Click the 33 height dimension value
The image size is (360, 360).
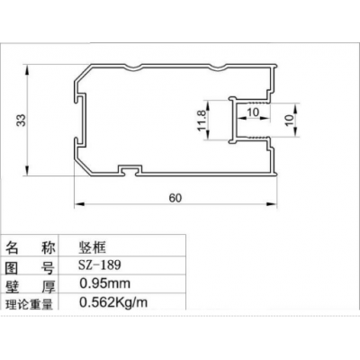[22, 120]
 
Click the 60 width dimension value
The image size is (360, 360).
[175, 198]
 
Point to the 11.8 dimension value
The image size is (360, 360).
[202, 121]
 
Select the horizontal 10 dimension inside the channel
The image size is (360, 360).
[252, 112]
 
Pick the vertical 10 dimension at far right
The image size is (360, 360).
[289, 120]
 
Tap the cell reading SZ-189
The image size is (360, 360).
[100, 265]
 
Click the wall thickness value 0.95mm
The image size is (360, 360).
[104, 283]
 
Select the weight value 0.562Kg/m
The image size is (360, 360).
[113, 302]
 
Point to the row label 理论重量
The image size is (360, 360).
[29, 303]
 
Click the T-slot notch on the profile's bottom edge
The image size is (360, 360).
[130, 170]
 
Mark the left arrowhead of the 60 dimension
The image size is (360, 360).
[78, 204]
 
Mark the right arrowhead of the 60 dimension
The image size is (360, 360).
[272, 204]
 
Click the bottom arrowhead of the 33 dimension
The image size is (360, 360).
[27, 170]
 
